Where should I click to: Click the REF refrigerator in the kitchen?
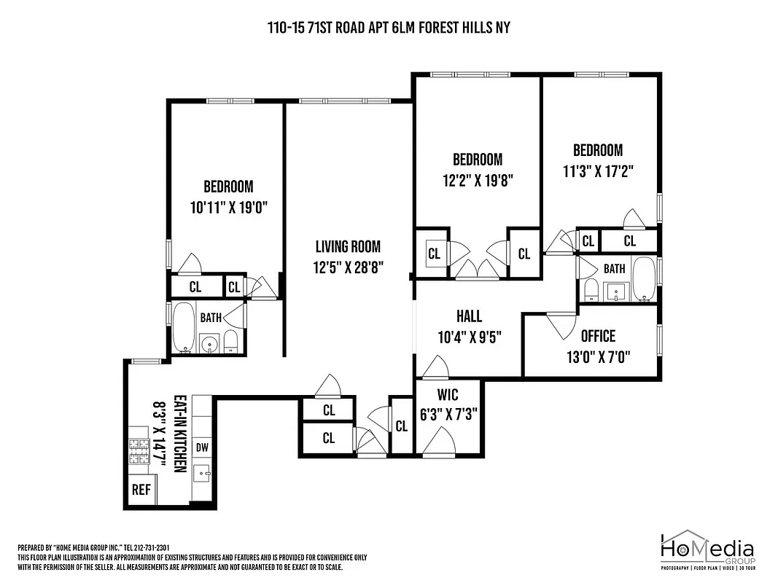pos(141,490)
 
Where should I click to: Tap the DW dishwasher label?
pos(202,447)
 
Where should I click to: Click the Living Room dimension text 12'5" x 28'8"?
pos(348,267)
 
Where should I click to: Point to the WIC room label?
pos(448,394)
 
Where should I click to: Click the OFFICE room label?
pos(598,336)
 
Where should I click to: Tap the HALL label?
pos(469,316)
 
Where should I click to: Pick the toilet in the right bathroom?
pos(591,291)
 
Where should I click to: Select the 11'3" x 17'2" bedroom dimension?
pos(598,171)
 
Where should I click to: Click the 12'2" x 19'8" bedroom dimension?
pos(478,180)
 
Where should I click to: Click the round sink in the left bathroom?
pos(210,344)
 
